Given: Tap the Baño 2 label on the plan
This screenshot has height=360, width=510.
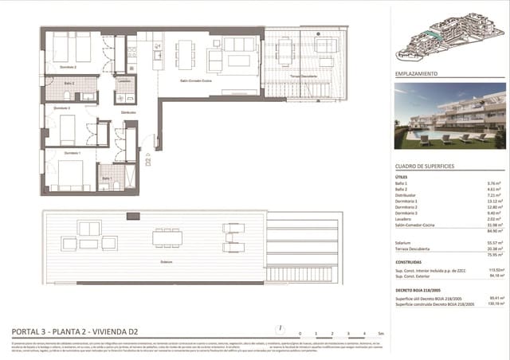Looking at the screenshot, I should (70, 83).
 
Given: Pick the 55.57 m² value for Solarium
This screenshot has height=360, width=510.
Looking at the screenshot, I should (481, 242).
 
